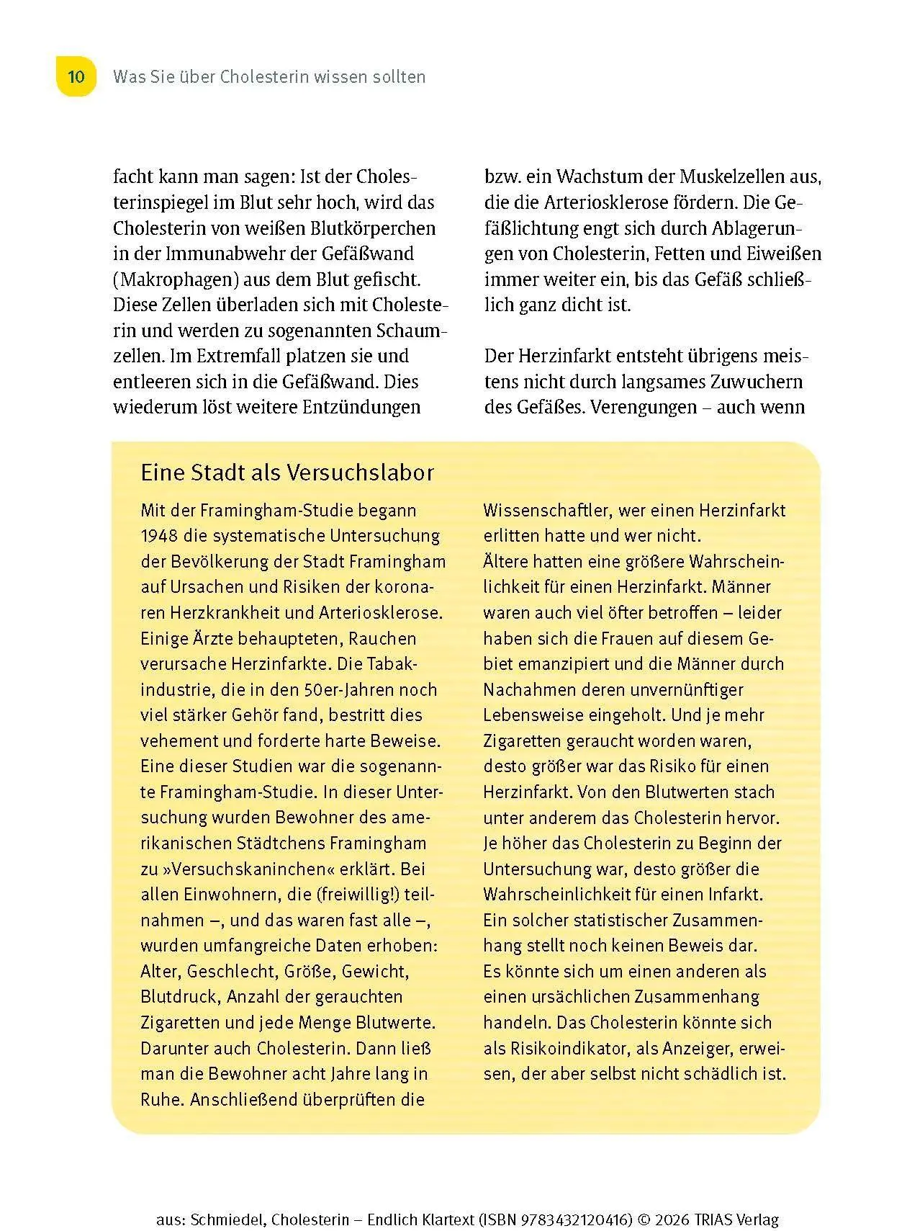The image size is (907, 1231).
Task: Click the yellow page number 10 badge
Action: tap(76, 76)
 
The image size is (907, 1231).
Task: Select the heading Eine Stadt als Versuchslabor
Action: tap(287, 473)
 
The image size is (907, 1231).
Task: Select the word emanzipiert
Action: tap(546, 663)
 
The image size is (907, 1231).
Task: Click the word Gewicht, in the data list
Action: tap(374, 971)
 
